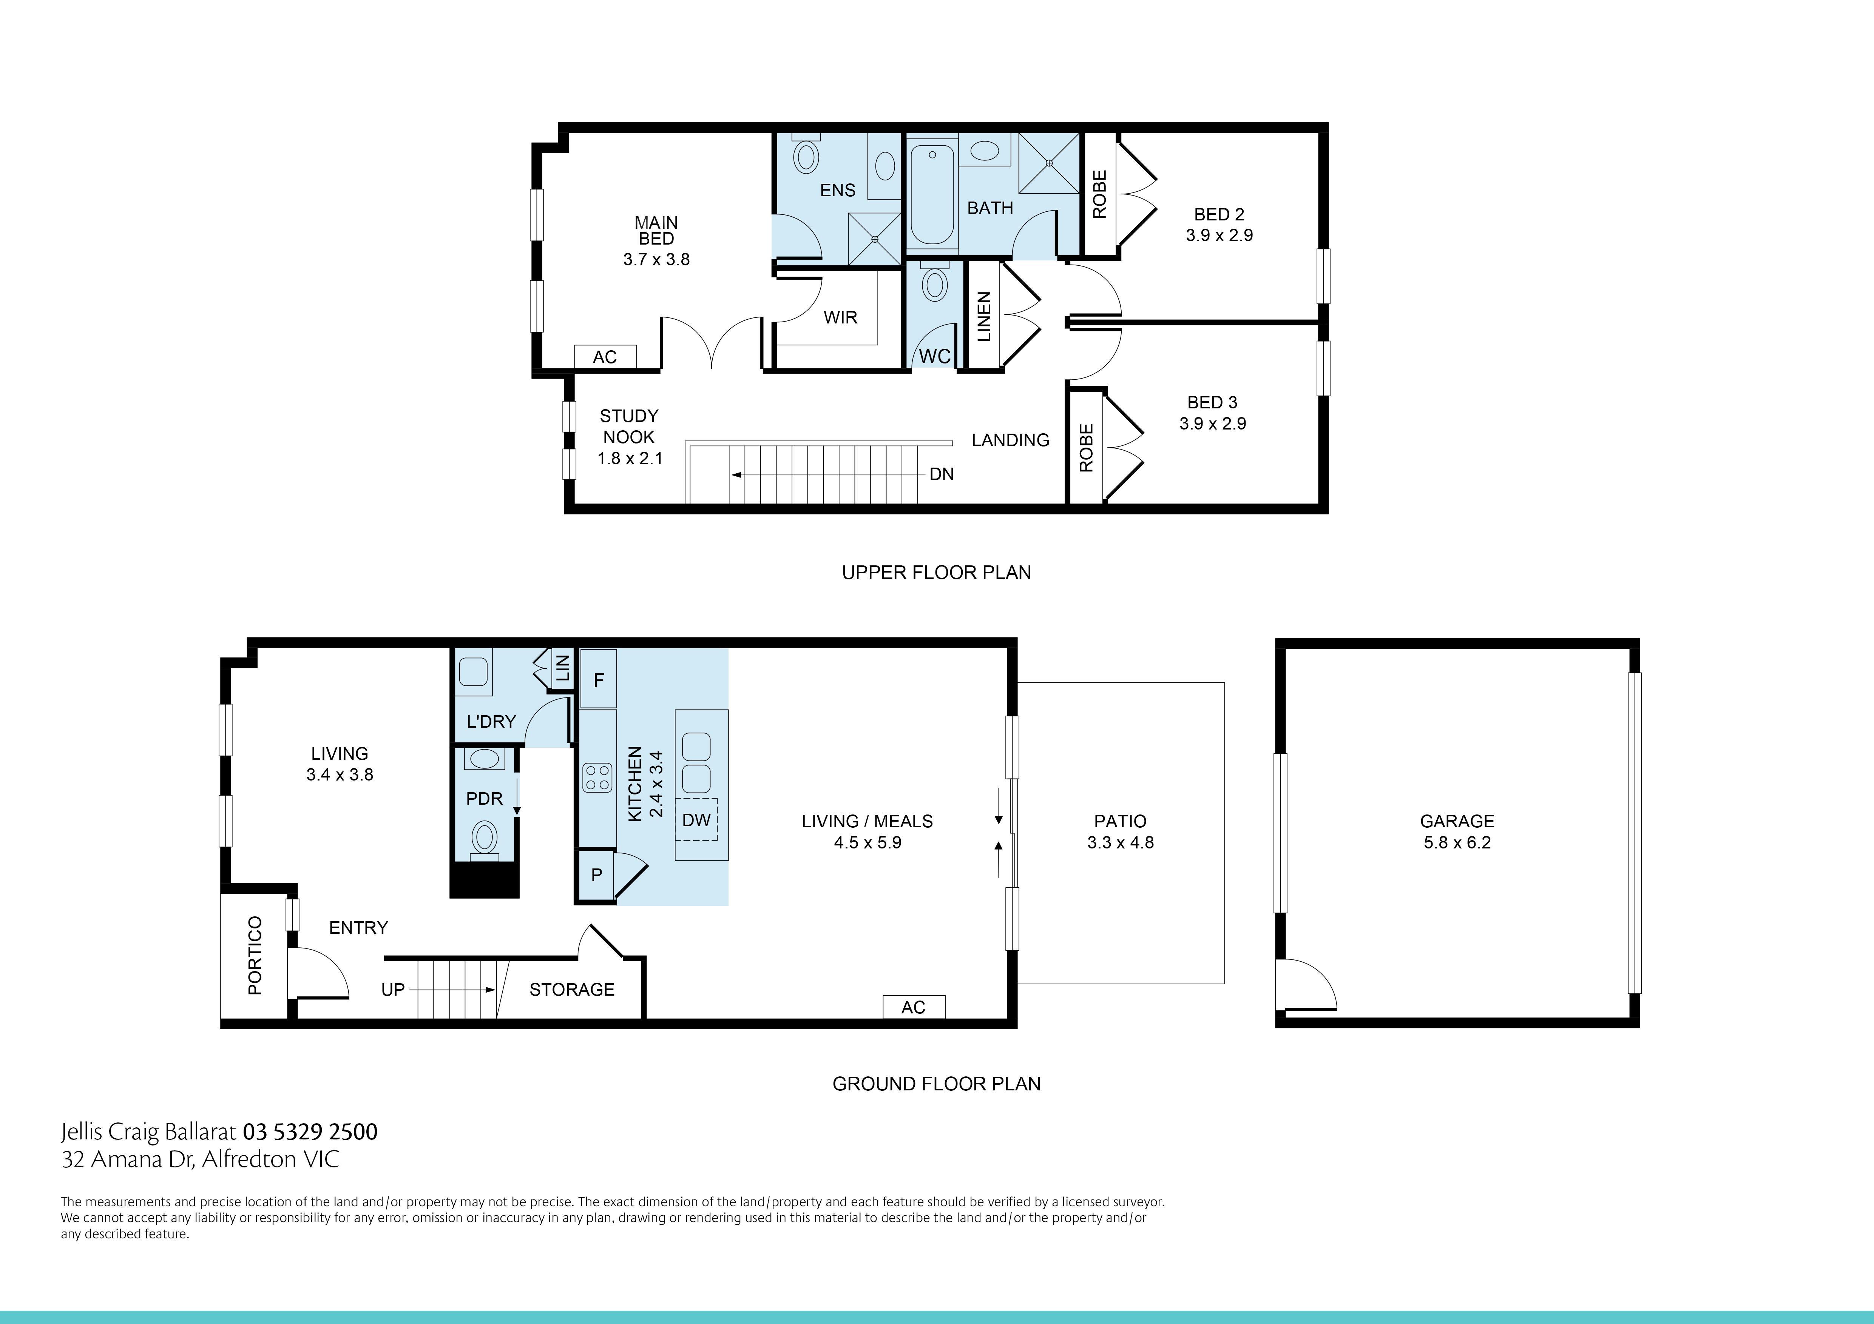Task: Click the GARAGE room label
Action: coord(1457,822)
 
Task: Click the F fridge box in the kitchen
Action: coord(598,679)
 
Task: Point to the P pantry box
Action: coord(597,874)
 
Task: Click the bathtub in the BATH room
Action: coord(932,196)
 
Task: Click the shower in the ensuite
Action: coord(874,238)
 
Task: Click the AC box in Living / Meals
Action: coord(913,1007)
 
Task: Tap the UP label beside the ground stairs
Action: coord(393,990)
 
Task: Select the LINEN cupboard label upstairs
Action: coord(983,317)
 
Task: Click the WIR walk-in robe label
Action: coord(840,317)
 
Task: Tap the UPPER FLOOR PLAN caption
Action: coord(936,573)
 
